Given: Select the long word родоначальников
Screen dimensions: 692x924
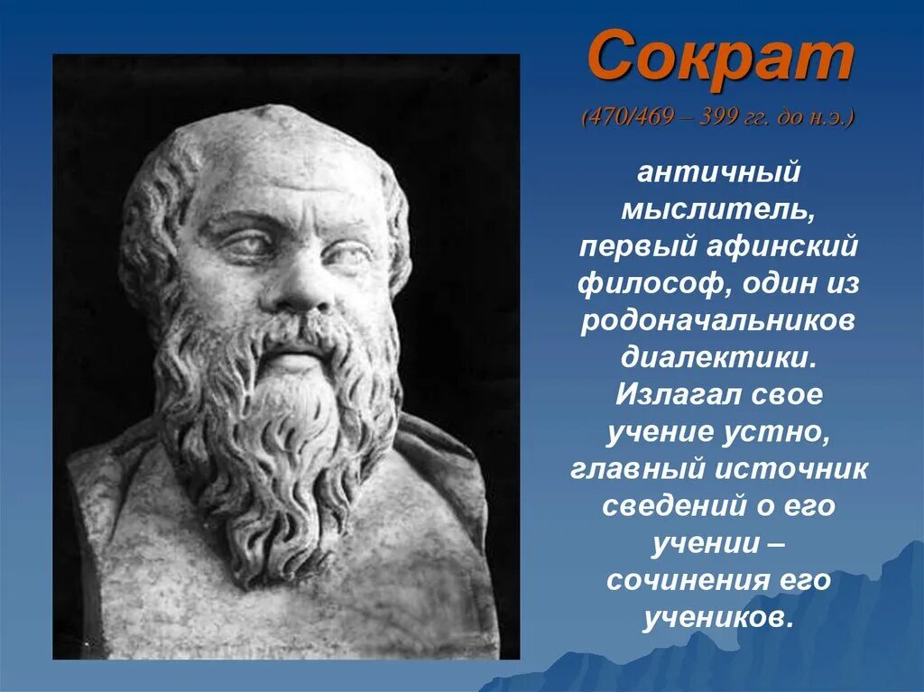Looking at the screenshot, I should (x=718, y=321).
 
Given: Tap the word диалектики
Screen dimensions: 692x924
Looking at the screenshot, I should (x=718, y=358).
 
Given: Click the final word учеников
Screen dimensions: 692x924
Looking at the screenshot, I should (x=718, y=618).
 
